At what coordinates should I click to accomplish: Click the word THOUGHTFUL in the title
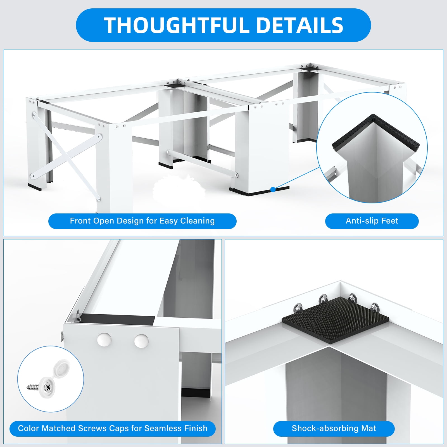177,25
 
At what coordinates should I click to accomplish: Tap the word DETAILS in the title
299,25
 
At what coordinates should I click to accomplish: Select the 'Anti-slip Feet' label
372,221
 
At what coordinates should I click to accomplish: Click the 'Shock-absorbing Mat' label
334,428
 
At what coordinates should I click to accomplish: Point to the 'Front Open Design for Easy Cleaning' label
142,221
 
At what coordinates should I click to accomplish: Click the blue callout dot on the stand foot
273,190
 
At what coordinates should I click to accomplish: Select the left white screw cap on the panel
104,340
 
